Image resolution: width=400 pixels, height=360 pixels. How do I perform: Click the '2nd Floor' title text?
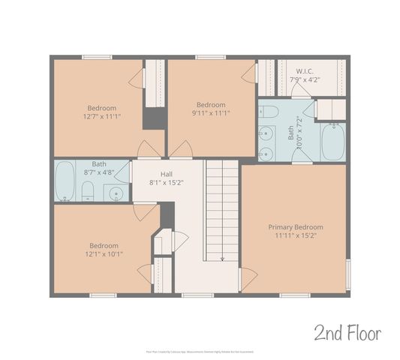click(x=347, y=332)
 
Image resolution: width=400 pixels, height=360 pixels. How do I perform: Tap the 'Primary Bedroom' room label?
click(x=296, y=227)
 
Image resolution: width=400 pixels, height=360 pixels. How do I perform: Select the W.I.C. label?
click(x=305, y=70)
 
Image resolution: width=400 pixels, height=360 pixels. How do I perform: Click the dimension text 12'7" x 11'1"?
click(x=101, y=115)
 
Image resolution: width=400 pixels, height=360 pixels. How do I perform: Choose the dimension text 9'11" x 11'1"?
click(x=211, y=113)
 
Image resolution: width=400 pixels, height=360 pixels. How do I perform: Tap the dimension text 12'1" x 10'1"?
click(x=104, y=253)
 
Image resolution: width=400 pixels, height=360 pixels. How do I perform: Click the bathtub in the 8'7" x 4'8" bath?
click(x=65, y=180)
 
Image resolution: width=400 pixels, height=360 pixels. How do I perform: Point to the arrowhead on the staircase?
click(x=222, y=259)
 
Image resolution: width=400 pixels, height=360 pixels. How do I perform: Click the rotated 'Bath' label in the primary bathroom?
click(x=290, y=136)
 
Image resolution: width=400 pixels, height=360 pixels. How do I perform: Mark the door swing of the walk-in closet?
click(x=301, y=91)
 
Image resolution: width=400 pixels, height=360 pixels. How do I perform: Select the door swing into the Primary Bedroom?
click(x=248, y=280)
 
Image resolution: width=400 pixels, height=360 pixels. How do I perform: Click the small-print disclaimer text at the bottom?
click(x=200, y=350)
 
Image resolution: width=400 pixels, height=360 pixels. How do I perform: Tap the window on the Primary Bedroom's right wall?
click(x=347, y=275)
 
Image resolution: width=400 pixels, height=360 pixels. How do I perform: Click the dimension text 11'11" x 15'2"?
click(x=296, y=235)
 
